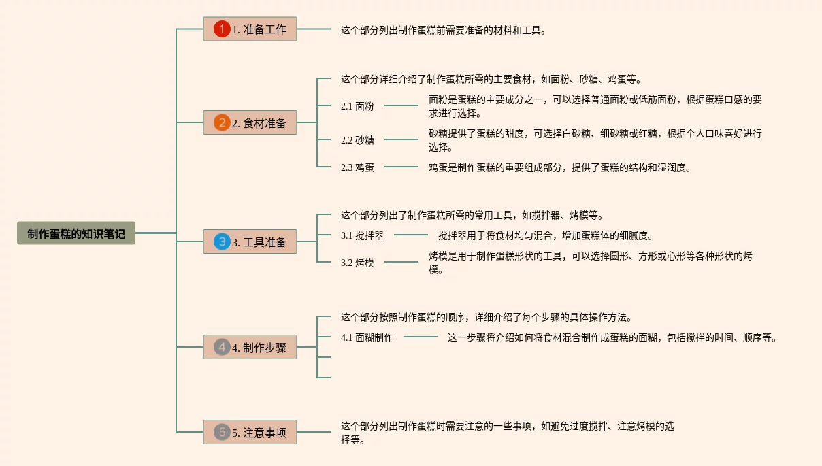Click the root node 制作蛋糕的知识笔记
pyautogui.click(x=76, y=233)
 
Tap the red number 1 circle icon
pyautogui.click(x=222, y=29)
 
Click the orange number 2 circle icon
pyautogui.click(x=222, y=122)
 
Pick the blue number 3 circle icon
pyautogui.click(x=222, y=242)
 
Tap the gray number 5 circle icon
pyautogui.click(x=222, y=432)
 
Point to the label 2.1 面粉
pyautogui.click(x=357, y=106)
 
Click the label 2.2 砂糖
pyautogui.click(x=357, y=140)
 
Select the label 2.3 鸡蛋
pyautogui.click(x=357, y=167)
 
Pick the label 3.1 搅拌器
pyautogui.click(x=362, y=235)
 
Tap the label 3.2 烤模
pyautogui.click(x=357, y=263)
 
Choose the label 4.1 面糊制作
pyautogui.click(x=367, y=337)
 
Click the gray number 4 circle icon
pyautogui.click(x=222, y=347)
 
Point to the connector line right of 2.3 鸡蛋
pyautogui.click(x=401, y=167)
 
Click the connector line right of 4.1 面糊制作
pyautogui.click(x=421, y=336)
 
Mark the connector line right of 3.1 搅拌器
pyautogui.click(x=411, y=235)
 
